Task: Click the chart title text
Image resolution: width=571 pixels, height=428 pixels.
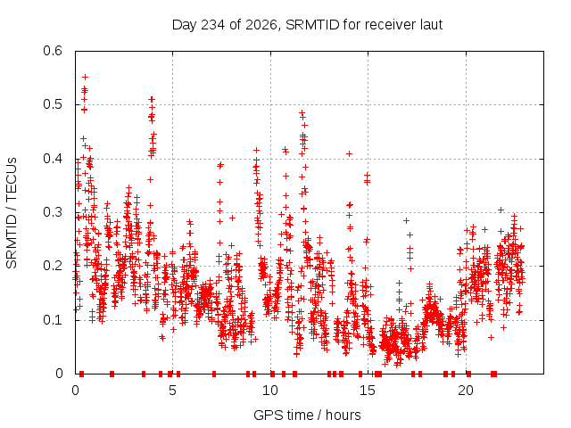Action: pyautogui.click(x=307, y=25)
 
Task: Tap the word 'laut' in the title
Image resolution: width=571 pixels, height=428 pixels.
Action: pyautogui.click(x=432, y=25)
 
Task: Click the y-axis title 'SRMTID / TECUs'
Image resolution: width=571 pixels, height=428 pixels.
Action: pyautogui.click(x=12, y=213)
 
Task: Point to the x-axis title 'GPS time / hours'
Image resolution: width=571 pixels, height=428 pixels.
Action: pyautogui.click(x=307, y=415)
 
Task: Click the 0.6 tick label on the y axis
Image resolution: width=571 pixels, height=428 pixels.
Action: pyautogui.click(x=53, y=51)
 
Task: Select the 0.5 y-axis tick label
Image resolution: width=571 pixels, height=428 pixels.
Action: pyautogui.click(x=53, y=104)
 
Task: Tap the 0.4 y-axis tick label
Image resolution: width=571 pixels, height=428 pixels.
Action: pyautogui.click(x=53, y=159)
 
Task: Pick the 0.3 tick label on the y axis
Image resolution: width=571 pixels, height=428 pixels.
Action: pyautogui.click(x=53, y=212)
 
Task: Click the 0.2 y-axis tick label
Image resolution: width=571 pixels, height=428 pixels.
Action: pyautogui.click(x=53, y=266)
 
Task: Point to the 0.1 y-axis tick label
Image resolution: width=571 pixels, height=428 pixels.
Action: pyautogui.click(x=53, y=320)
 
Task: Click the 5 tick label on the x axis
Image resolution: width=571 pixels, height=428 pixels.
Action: pyautogui.click(x=172, y=391)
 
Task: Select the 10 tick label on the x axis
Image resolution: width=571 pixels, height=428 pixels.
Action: pyautogui.click(x=270, y=391)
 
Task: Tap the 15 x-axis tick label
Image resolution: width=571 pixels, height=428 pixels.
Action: pyautogui.click(x=368, y=391)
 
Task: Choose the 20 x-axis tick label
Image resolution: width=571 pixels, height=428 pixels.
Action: pyautogui.click(x=466, y=391)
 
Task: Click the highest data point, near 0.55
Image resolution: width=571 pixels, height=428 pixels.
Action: pyautogui.click(x=86, y=78)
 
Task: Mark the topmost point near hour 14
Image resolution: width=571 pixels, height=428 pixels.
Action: pyautogui.click(x=349, y=154)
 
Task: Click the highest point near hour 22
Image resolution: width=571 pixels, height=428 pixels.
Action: pyautogui.click(x=501, y=210)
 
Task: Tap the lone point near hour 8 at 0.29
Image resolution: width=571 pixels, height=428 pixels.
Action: pyautogui.click(x=232, y=218)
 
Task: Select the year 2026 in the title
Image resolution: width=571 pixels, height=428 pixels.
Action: pyautogui.click(x=261, y=25)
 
